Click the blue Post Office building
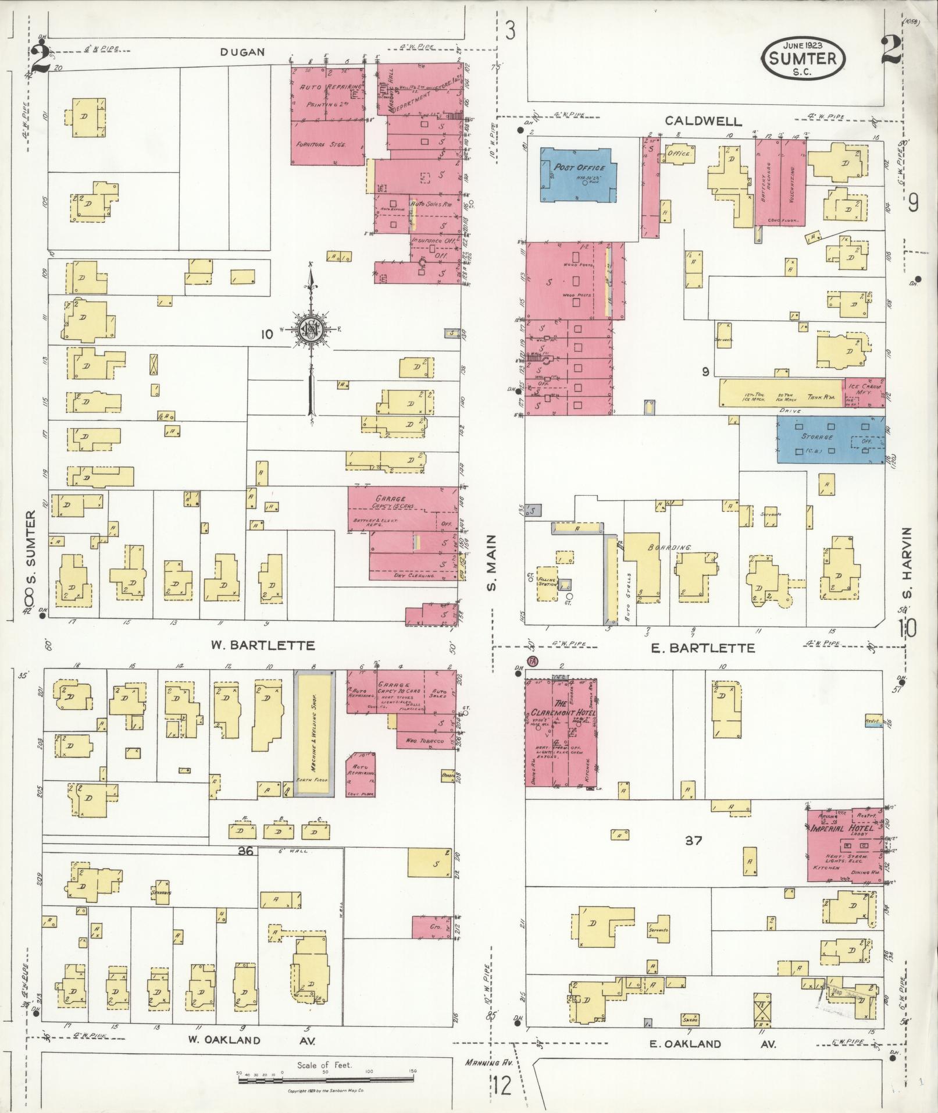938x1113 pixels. (x=578, y=175)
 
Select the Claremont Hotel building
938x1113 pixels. (x=562, y=731)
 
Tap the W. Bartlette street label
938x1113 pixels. (x=262, y=645)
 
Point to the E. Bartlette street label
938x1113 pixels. (x=704, y=648)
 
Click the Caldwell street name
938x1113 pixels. (x=704, y=121)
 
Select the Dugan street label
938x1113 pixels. (x=242, y=52)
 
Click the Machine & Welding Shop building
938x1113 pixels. (x=314, y=734)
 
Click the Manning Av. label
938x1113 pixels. (x=482, y=1062)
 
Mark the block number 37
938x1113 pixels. (x=693, y=840)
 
